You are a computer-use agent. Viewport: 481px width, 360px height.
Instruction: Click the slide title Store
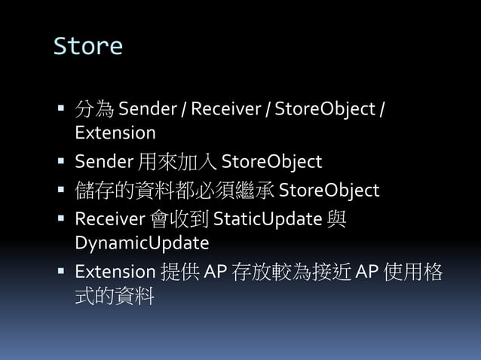tap(87, 47)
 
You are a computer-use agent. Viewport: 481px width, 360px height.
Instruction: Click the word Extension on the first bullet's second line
tap(115, 133)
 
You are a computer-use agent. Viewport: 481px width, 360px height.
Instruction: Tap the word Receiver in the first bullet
tap(225, 110)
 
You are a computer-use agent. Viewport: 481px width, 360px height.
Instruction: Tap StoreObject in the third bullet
tap(329, 191)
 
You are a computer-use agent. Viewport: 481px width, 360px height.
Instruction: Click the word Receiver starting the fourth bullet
tap(109, 219)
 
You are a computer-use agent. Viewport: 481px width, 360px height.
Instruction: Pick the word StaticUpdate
tap(268, 219)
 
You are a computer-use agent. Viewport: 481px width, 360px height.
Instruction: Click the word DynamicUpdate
tap(142, 243)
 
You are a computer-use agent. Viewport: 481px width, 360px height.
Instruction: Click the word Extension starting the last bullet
tap(115, 272)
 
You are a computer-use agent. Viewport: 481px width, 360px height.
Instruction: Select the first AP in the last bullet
tap(216, 272)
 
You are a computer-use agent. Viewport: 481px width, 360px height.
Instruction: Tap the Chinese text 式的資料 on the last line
tap(115, 296)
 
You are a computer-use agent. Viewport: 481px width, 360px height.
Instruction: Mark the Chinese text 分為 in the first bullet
tap(94, 110)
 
